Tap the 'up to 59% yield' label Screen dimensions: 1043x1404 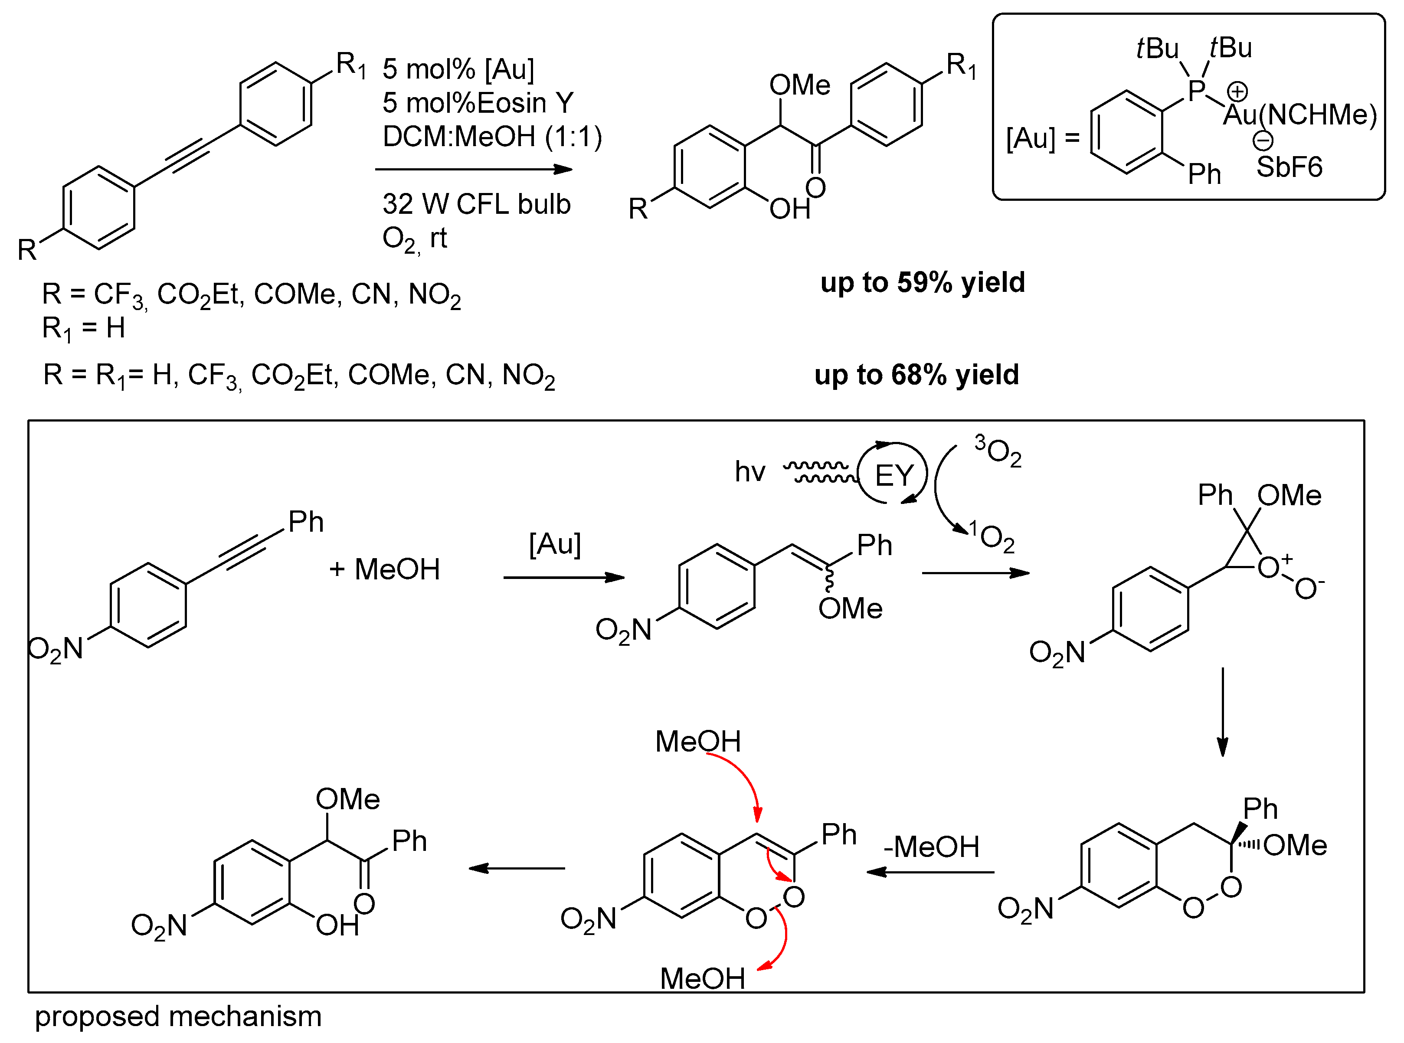click(x=922, y=282)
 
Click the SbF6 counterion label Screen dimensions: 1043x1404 click(x=1289, y=167)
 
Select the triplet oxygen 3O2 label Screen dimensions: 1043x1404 click(x=998, y=450)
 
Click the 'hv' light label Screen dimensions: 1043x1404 click(x=750, y=471)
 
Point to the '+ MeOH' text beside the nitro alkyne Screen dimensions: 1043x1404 click(x=384, y=569)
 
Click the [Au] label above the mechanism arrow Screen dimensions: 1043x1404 click(x=555, y=543)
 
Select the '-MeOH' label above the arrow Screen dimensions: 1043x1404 click(x=931, y=847)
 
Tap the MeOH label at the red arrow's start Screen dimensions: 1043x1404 click(x=697, y=741)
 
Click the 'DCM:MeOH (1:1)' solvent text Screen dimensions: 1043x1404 click(x=492, y=136)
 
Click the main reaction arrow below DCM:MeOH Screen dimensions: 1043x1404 click(x=474, y=169)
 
